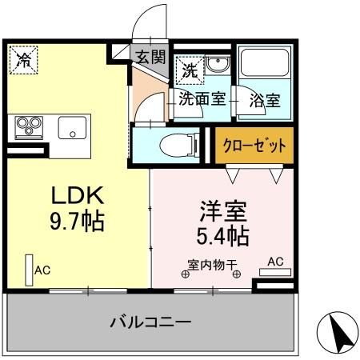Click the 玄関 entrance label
pos(150,57)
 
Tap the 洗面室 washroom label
pos(202,101)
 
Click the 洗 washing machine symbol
pos(188,69)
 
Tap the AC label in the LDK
pos(42,271)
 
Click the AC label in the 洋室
pos(275,262)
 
